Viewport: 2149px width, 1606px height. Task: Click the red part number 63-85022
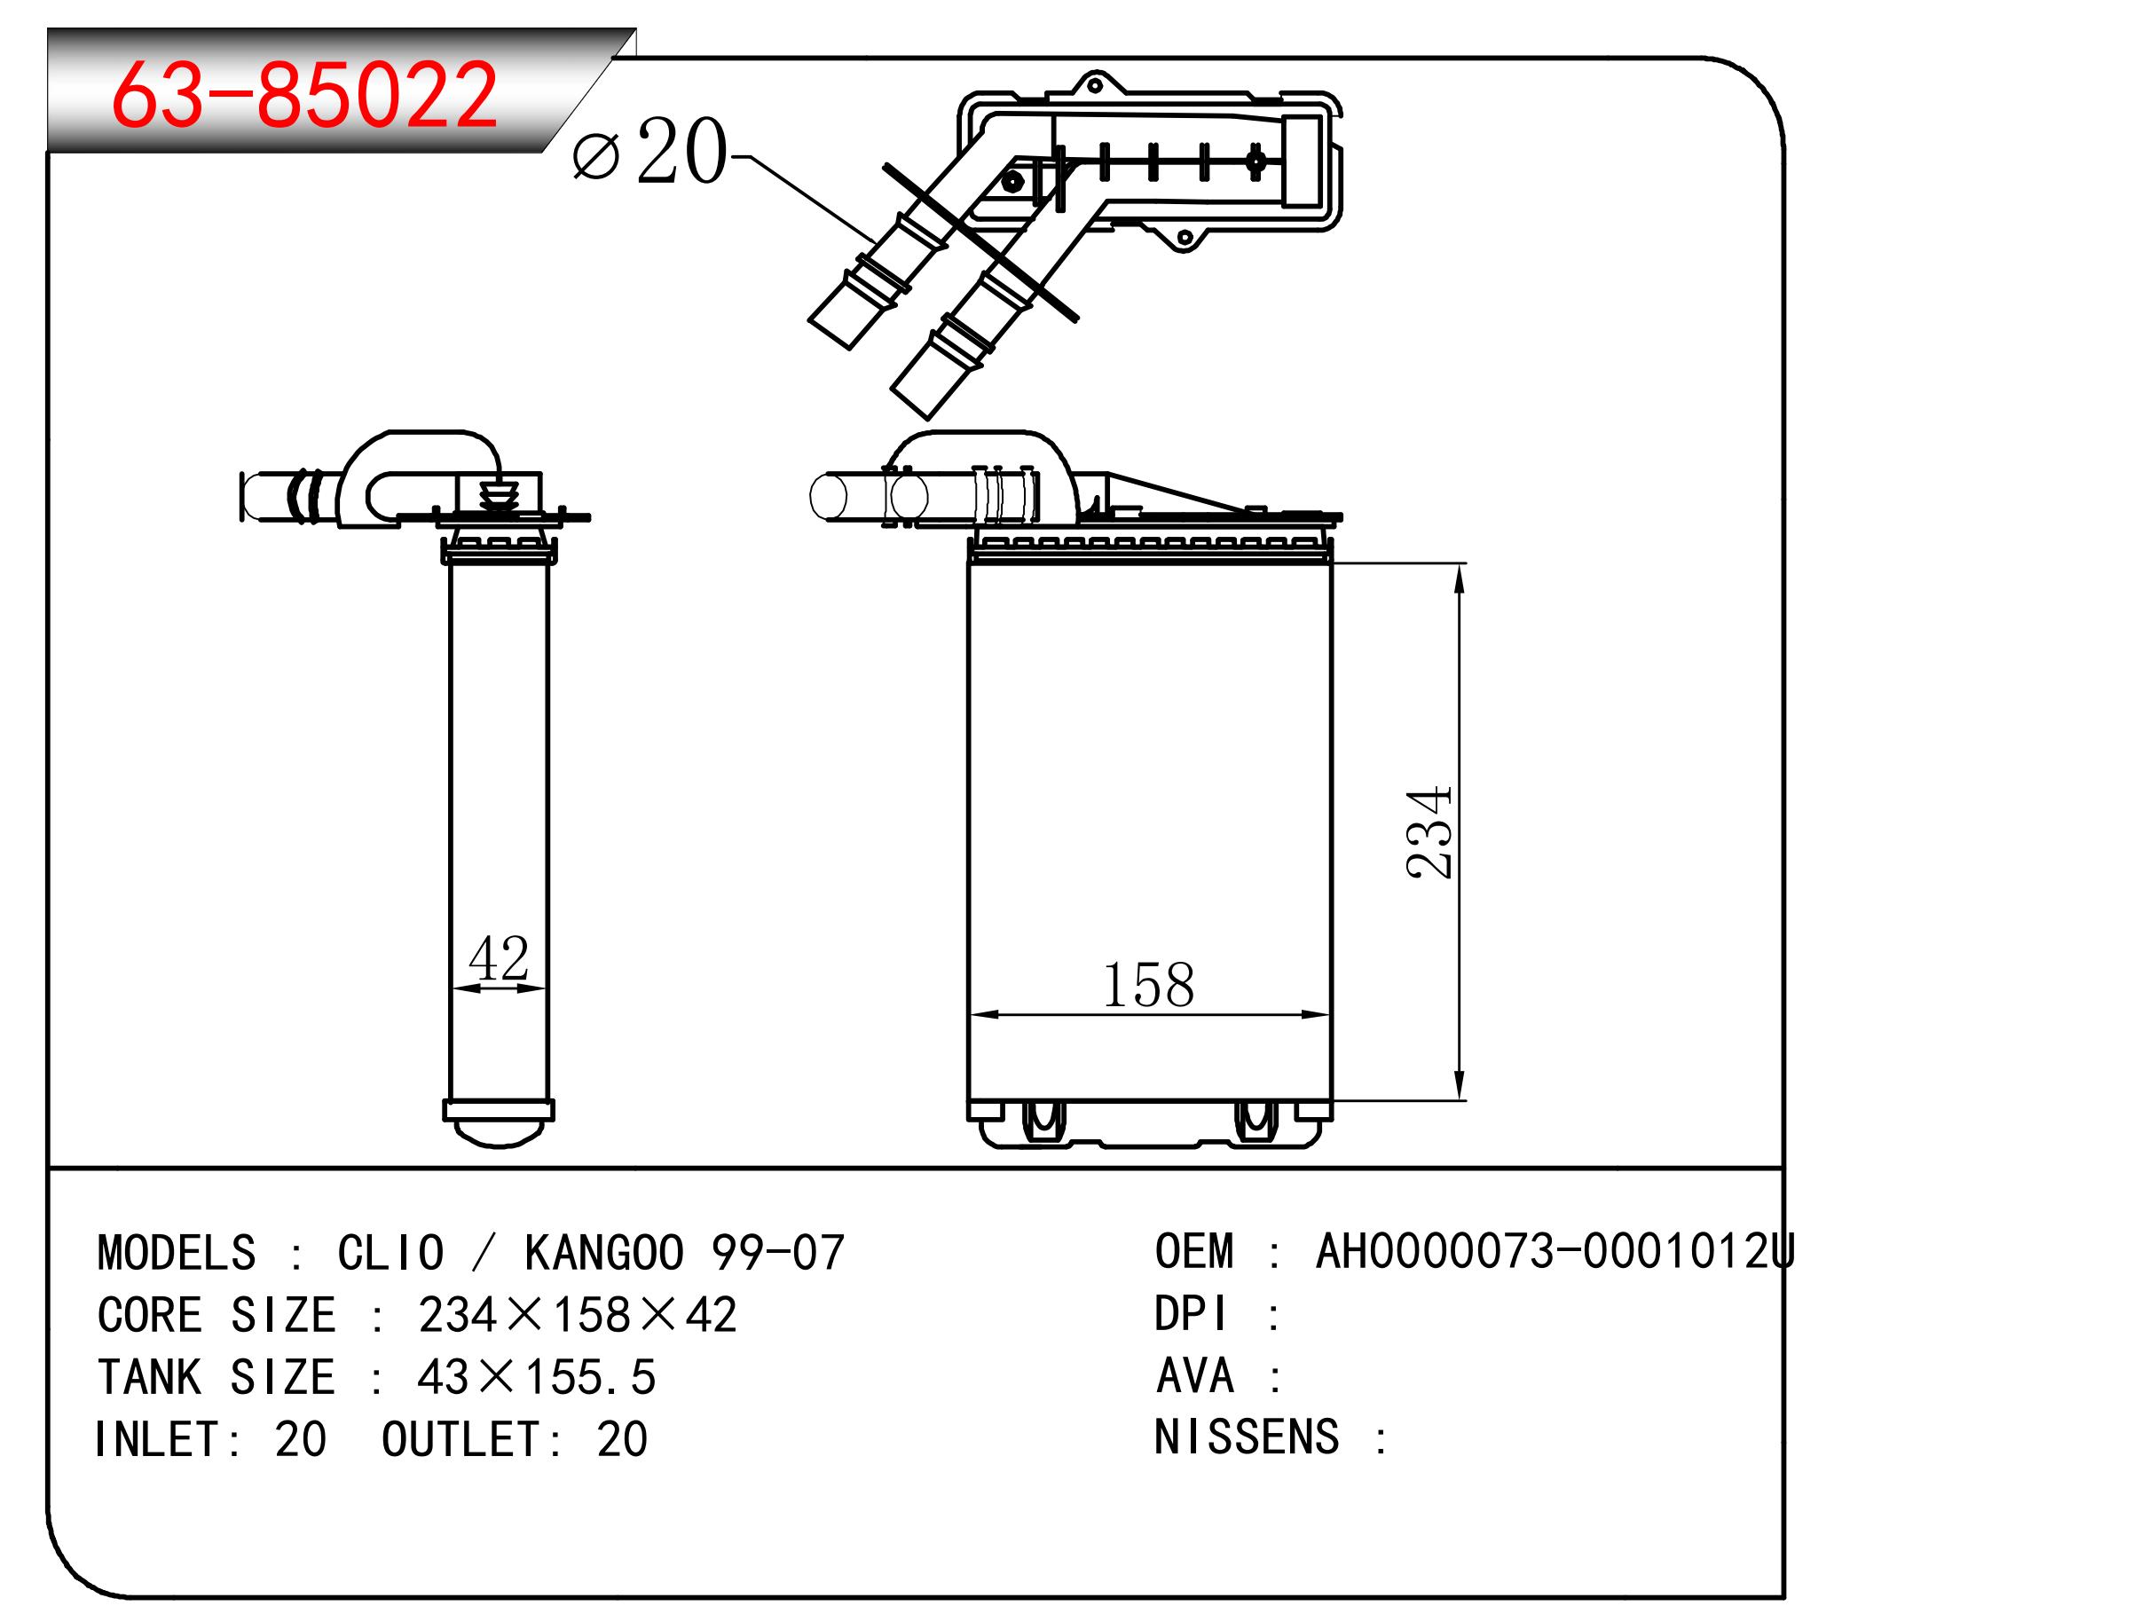(x=304, y=94)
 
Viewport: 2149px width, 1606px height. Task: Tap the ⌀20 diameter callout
(x=649, y=151)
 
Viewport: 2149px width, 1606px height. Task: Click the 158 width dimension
(x=1147, y=984)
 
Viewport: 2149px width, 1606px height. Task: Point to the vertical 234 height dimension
(x=1429, y=831)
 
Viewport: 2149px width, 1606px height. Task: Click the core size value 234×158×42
(x=577, y=1315)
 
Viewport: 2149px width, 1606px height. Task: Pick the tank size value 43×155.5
(x=536, y=1377)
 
